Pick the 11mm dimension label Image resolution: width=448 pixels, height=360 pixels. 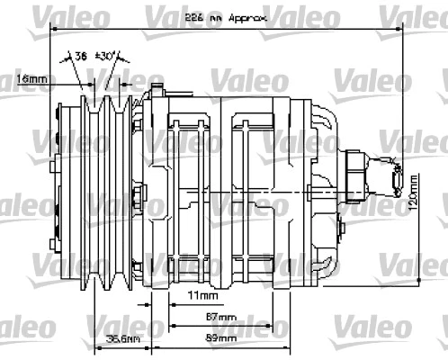point(202,295)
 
